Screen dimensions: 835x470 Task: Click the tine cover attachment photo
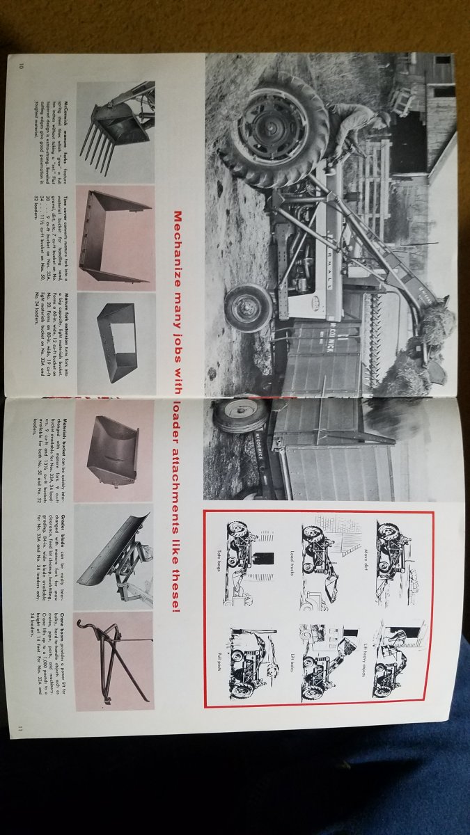(115, 237)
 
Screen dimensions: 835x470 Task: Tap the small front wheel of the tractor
(248, 307)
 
